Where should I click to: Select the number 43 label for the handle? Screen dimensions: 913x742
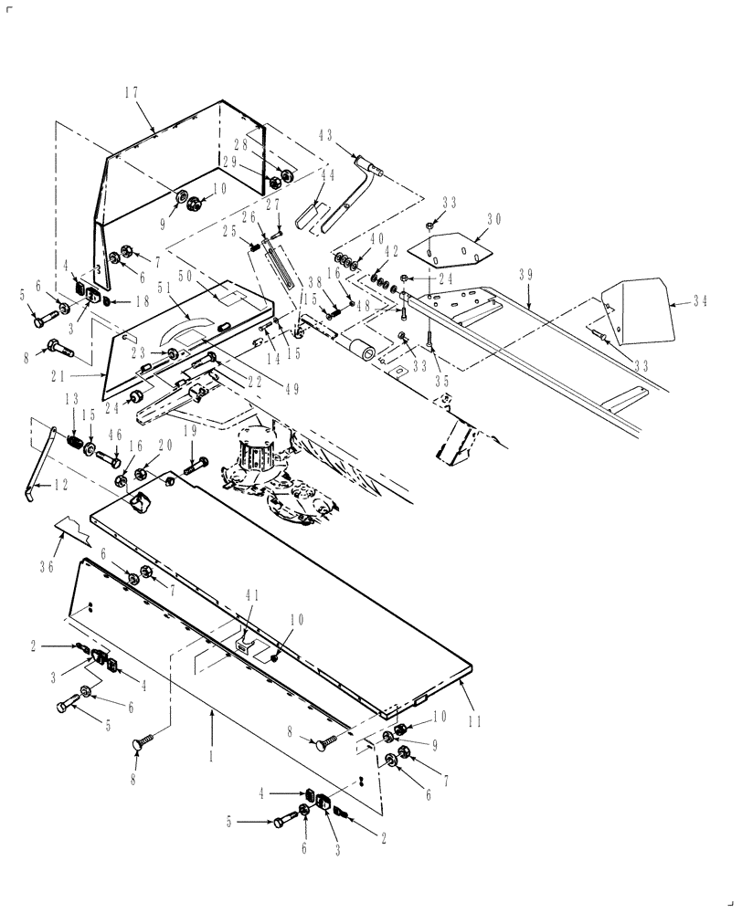(x=326, y=134)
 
